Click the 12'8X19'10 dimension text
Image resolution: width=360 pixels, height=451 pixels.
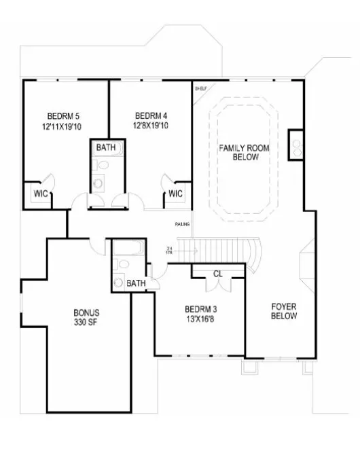(x=150, y=126)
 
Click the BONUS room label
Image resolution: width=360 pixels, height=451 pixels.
(x=86, y=313)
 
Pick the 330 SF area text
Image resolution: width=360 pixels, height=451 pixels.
(x=86, y=323)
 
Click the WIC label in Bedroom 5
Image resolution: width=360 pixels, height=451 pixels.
(x=39, y=194)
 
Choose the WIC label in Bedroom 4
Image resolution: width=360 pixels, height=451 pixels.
(x=176, y=194)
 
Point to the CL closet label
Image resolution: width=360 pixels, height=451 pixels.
(x=217, y=274)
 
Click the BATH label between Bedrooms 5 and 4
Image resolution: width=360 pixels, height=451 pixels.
(x=105, y=147)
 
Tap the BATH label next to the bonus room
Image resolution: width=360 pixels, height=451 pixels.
(x=136, y=283)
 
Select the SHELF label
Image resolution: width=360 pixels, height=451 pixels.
(x=200, y=88)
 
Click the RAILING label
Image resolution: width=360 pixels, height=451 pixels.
(x=182, y=224)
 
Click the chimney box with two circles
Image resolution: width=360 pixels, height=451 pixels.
(x=296, y=144)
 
